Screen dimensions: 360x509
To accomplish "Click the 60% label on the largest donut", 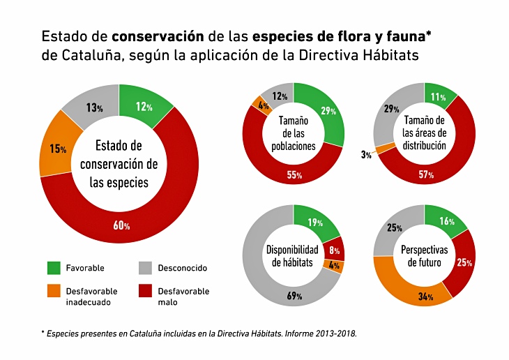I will [x=122, y=225].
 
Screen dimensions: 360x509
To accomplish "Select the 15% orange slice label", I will [x=58, y=149].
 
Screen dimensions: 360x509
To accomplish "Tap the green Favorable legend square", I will [x=54, y=268].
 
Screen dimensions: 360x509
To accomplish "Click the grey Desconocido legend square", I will [x=146, y=268].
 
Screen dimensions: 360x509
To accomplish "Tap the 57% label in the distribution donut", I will [x=426, y=174].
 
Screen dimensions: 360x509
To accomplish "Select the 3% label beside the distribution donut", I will [x=366, y=155].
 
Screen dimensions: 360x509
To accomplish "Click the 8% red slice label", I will [x=334, y=250].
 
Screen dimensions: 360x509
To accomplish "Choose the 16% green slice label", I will [x=448, y=221].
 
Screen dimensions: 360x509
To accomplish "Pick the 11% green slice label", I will [x=439, y=97].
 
